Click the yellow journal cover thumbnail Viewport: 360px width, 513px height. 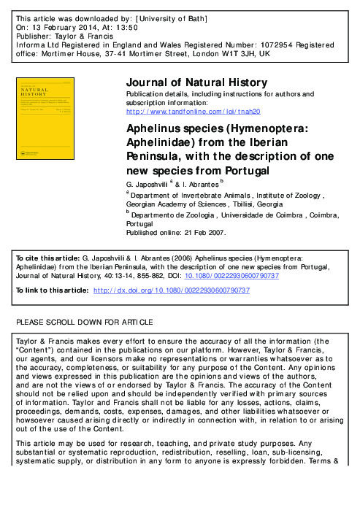61,121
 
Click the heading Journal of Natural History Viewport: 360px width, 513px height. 197,82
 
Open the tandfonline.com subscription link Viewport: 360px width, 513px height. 194,112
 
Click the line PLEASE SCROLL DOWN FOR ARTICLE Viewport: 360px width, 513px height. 84,322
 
